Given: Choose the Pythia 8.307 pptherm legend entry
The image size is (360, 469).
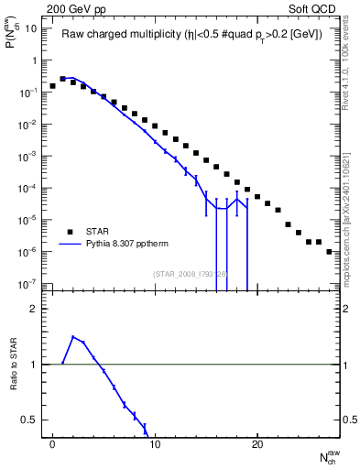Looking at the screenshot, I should pyautogui.click(x=137, y=245).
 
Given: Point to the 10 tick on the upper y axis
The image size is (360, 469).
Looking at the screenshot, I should pyautogui.click(x=29, y=28).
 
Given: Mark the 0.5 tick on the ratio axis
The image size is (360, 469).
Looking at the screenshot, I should pyautogui.click(x=29, y=420).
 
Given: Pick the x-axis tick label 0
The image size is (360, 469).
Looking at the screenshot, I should pyautogui.click(x=52, y=444).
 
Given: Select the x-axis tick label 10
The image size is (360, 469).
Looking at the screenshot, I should pyautogui.click(x=155, y=444).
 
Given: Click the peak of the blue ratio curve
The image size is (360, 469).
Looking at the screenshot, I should pyautogui.click(x=73, y=336).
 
